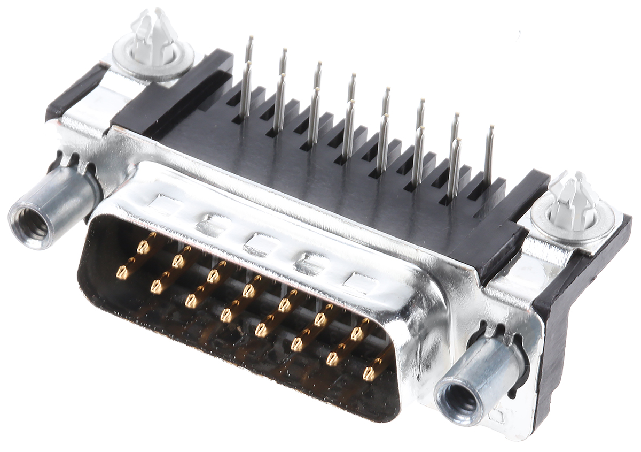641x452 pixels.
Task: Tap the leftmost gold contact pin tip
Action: tap(122, 274)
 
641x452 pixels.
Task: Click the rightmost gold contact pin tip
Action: tap(369, 374)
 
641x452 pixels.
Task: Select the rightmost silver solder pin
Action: tap(488, 155)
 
